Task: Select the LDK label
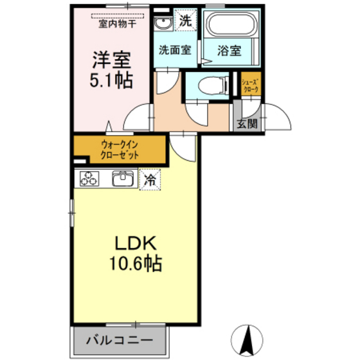(136, 244)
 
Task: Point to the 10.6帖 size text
(136, 264)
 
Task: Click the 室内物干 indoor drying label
(117, 24)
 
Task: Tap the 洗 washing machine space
(185, 20)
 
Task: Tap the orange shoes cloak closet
(250, 86)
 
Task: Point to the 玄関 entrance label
(246, 123)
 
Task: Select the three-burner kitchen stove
(89, 180)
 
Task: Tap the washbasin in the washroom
(163, 24)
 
